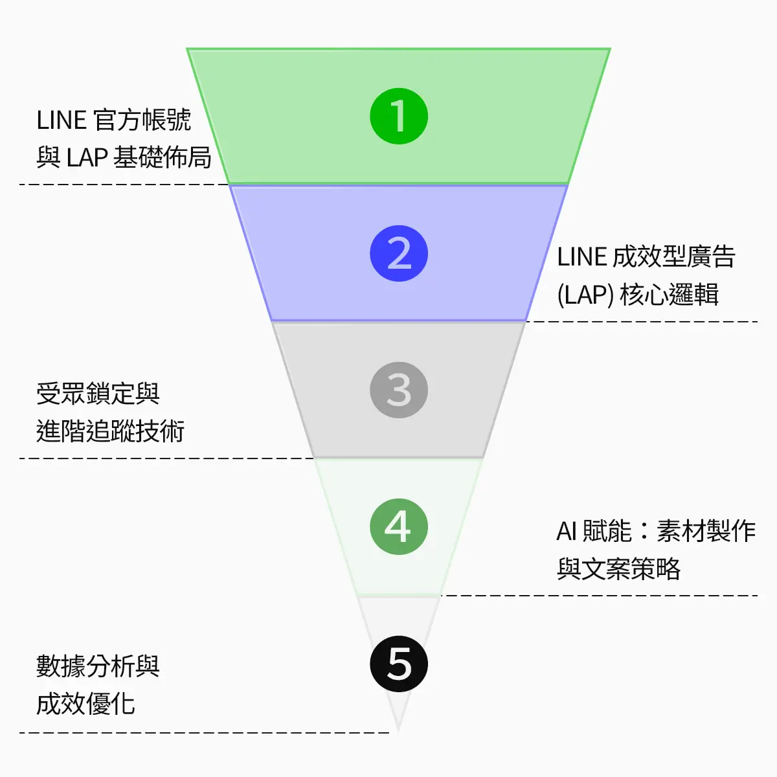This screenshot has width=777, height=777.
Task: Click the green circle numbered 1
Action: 399,117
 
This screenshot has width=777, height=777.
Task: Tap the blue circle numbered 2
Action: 399,254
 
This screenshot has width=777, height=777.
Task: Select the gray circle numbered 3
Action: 399,390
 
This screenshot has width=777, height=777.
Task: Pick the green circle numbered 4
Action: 399,527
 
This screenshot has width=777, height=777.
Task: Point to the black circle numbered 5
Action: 399,664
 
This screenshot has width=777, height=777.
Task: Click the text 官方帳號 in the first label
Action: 142,120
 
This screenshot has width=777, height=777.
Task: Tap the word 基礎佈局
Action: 163,157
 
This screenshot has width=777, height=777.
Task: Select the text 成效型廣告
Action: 673,257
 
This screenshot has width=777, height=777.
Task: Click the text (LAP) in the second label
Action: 585,295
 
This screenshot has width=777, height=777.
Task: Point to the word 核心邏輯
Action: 670,295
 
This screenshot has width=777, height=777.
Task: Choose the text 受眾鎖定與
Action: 98,394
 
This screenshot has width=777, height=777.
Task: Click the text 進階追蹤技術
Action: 111,431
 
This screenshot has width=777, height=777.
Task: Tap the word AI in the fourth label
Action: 567,532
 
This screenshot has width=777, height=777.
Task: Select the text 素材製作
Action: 706,532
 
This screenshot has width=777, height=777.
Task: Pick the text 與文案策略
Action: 618,569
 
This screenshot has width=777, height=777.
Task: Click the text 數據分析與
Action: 98,666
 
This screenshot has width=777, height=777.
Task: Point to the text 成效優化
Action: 85,704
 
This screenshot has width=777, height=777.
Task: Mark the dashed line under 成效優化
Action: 204,732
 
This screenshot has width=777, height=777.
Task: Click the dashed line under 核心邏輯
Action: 641,321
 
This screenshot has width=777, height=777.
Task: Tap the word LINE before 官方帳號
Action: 62,121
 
